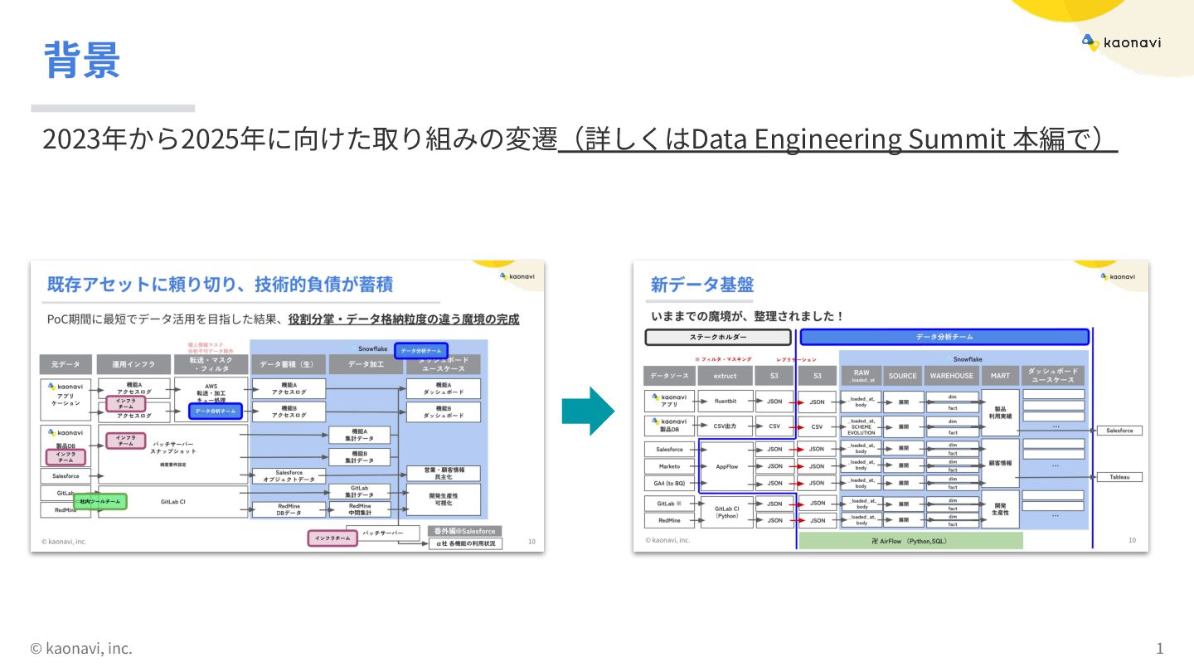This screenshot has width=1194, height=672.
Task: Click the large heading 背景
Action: click(x=82, y=60)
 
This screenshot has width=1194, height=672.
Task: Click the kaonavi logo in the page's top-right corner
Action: click(x=1121, y=41)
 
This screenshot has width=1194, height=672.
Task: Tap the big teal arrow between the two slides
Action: click(x=588, y=411)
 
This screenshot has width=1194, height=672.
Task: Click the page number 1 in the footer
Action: click(x=1159, y=648)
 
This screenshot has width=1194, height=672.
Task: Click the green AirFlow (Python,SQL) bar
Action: click(x=910, y=541)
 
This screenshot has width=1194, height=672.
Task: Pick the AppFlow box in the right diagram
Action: click(x=726, y=466)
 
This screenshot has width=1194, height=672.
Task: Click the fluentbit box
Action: click(x=726, y=402)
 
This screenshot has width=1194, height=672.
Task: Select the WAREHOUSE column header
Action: click(x=951, y=376)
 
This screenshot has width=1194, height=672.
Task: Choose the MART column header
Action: click(x=1000, y=376)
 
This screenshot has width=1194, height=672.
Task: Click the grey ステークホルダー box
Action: click(x=718, y=338)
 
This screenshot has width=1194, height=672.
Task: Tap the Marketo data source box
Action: click(x=670, y=466)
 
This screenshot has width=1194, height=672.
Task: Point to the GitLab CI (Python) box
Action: click(x=726, y=511)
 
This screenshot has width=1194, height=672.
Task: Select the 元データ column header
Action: click(x=66, y=364)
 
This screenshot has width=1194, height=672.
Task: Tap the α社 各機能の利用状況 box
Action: click(x=465, y=544)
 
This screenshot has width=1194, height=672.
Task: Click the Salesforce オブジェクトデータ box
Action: click(x=289, y=476)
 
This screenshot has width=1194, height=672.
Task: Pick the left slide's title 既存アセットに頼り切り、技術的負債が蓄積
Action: click(x=220, y=285)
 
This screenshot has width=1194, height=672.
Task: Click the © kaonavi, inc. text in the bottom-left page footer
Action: click(x=81, y=648)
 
